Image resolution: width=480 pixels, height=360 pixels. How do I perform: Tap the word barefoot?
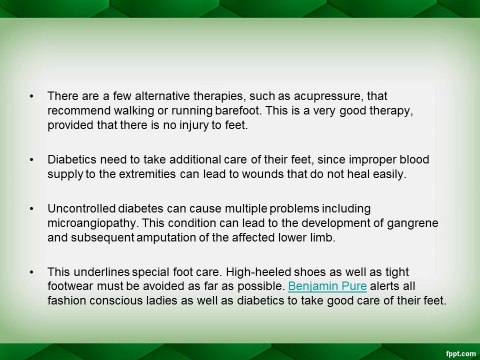[237, 110]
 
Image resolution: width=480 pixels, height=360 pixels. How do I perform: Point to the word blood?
[414, 159]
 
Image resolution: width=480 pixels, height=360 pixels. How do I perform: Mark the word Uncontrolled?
[81, 209]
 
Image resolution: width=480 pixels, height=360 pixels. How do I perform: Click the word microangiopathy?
[92, 223]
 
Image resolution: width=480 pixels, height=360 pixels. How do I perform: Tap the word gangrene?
[412, 223]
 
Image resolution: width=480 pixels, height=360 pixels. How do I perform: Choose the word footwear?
[72, 286]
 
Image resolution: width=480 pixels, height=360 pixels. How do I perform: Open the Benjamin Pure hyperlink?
[327, 286]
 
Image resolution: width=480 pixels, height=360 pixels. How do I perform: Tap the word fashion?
[67, 301]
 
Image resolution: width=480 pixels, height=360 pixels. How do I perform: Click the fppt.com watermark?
[461, 354]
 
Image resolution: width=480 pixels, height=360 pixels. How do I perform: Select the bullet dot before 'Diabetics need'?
[32, 160]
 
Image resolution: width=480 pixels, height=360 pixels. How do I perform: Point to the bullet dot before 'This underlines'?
[32, 272]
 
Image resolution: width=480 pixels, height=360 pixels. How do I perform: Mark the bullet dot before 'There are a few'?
[32, 97]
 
